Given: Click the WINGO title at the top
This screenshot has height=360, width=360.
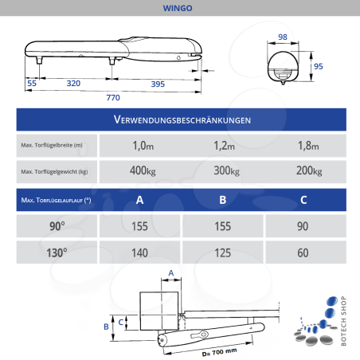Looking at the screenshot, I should (x=180, y=9).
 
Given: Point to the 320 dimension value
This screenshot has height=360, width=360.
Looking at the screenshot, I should (x=73, y=83).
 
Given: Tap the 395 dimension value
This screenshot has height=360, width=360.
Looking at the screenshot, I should (x=158, y=83).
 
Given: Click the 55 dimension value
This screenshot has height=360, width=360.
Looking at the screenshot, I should (x=32, y=83).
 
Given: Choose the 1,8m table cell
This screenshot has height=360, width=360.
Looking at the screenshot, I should (x=306, y=146).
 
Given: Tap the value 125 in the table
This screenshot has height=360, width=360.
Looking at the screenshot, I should (x=223, y=252).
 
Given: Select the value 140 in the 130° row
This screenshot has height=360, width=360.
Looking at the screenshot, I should (x=139, y=252).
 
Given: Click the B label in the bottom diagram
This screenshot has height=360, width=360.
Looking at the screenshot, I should (x=105, y=326).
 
